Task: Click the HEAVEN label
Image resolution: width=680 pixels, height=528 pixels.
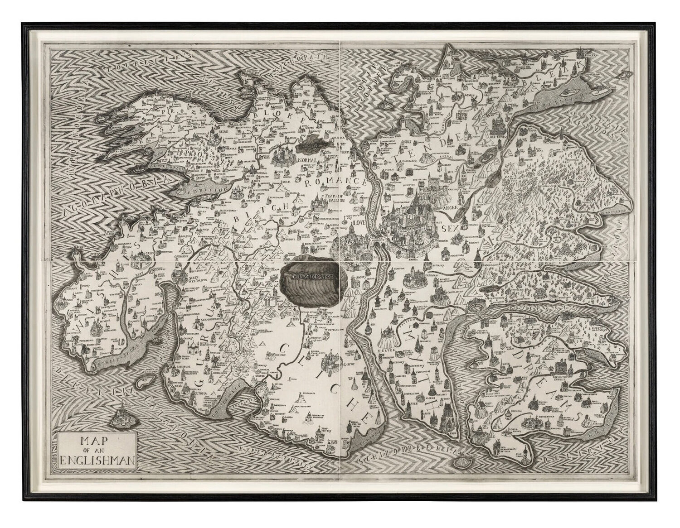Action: click(x=384, y=345)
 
